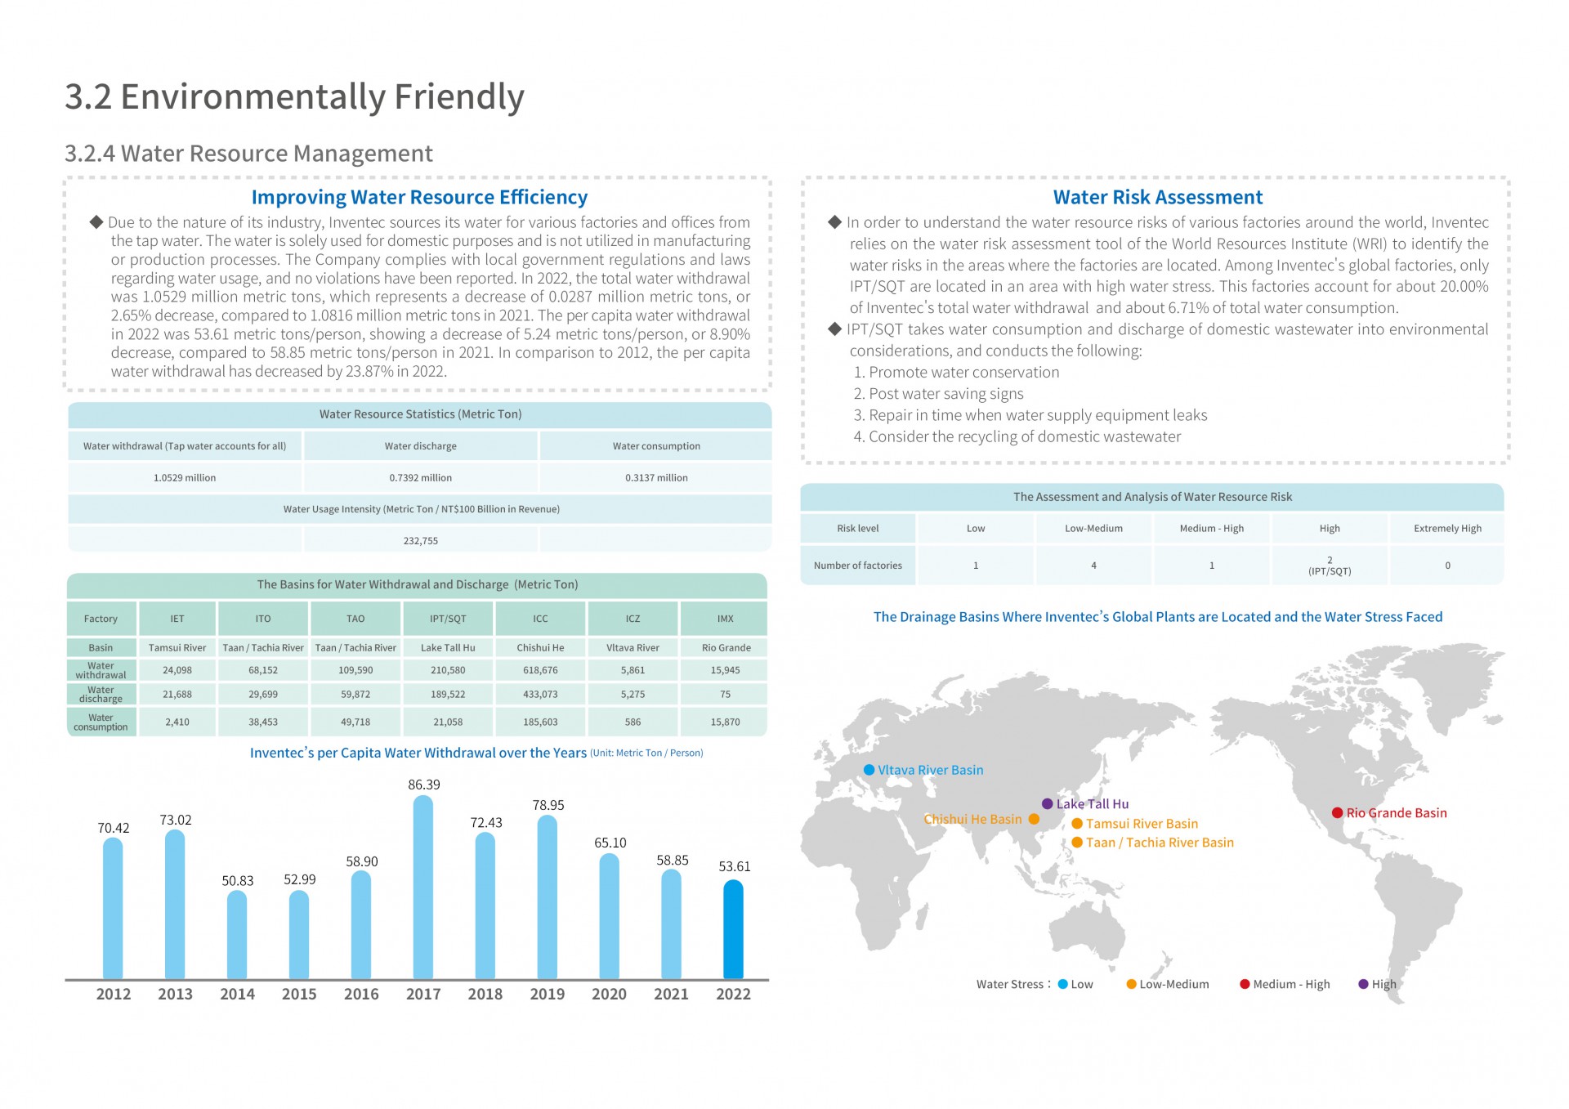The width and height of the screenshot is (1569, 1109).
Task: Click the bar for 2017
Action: click(x=422, y=887)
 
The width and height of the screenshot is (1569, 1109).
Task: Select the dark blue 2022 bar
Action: click(x=733, y=929)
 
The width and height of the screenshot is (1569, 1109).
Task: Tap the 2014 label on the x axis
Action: click(x=237, y=994)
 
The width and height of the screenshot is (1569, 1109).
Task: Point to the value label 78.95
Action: click(x=548, y=805)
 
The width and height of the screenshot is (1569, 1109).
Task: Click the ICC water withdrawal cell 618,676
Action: click(x=540, y=670)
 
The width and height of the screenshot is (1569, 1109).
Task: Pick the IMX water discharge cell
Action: click(x=725, y=695)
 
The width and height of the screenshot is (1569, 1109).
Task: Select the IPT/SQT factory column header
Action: click(x=448, y=619)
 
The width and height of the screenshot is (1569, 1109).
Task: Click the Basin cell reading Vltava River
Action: click(x=633, y=647)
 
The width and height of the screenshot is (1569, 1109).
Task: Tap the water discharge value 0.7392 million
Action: click(x=420, y=478)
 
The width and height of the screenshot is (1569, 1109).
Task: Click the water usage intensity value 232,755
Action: click(x=420, y=541)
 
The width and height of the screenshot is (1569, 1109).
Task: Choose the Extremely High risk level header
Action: click(x=1447, y=529)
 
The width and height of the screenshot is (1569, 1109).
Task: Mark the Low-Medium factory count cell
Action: click(x=1093, y=566)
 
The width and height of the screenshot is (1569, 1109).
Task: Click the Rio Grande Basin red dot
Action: click(x=1337, y=812)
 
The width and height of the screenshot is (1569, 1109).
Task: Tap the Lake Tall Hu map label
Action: click(x=1092, y=804)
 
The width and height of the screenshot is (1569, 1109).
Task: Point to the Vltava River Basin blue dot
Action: click(x=869, y=770)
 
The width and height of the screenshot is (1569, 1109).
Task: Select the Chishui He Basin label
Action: click(x=972, y=819)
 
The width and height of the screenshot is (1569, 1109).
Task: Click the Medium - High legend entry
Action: click(x=1285, y=984)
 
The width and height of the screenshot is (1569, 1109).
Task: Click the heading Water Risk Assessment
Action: click(x=1157, y=197)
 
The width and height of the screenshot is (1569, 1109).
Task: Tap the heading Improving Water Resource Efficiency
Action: click(x=419, y=197)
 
